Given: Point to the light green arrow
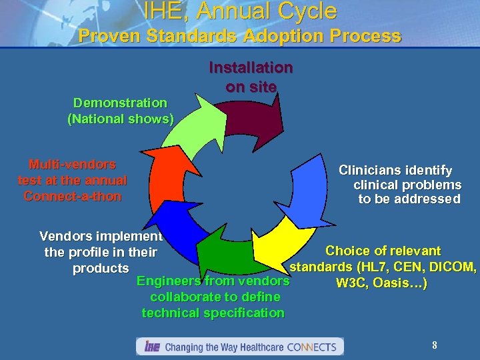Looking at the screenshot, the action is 190,127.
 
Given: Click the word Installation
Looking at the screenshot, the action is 251,67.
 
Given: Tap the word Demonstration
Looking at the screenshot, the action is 120,103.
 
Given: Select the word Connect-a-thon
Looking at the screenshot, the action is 73,196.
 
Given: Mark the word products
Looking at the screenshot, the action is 101,268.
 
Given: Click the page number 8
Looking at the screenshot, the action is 435,345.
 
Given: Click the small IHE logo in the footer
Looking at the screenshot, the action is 151,347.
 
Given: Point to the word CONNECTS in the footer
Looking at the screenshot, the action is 313,347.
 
